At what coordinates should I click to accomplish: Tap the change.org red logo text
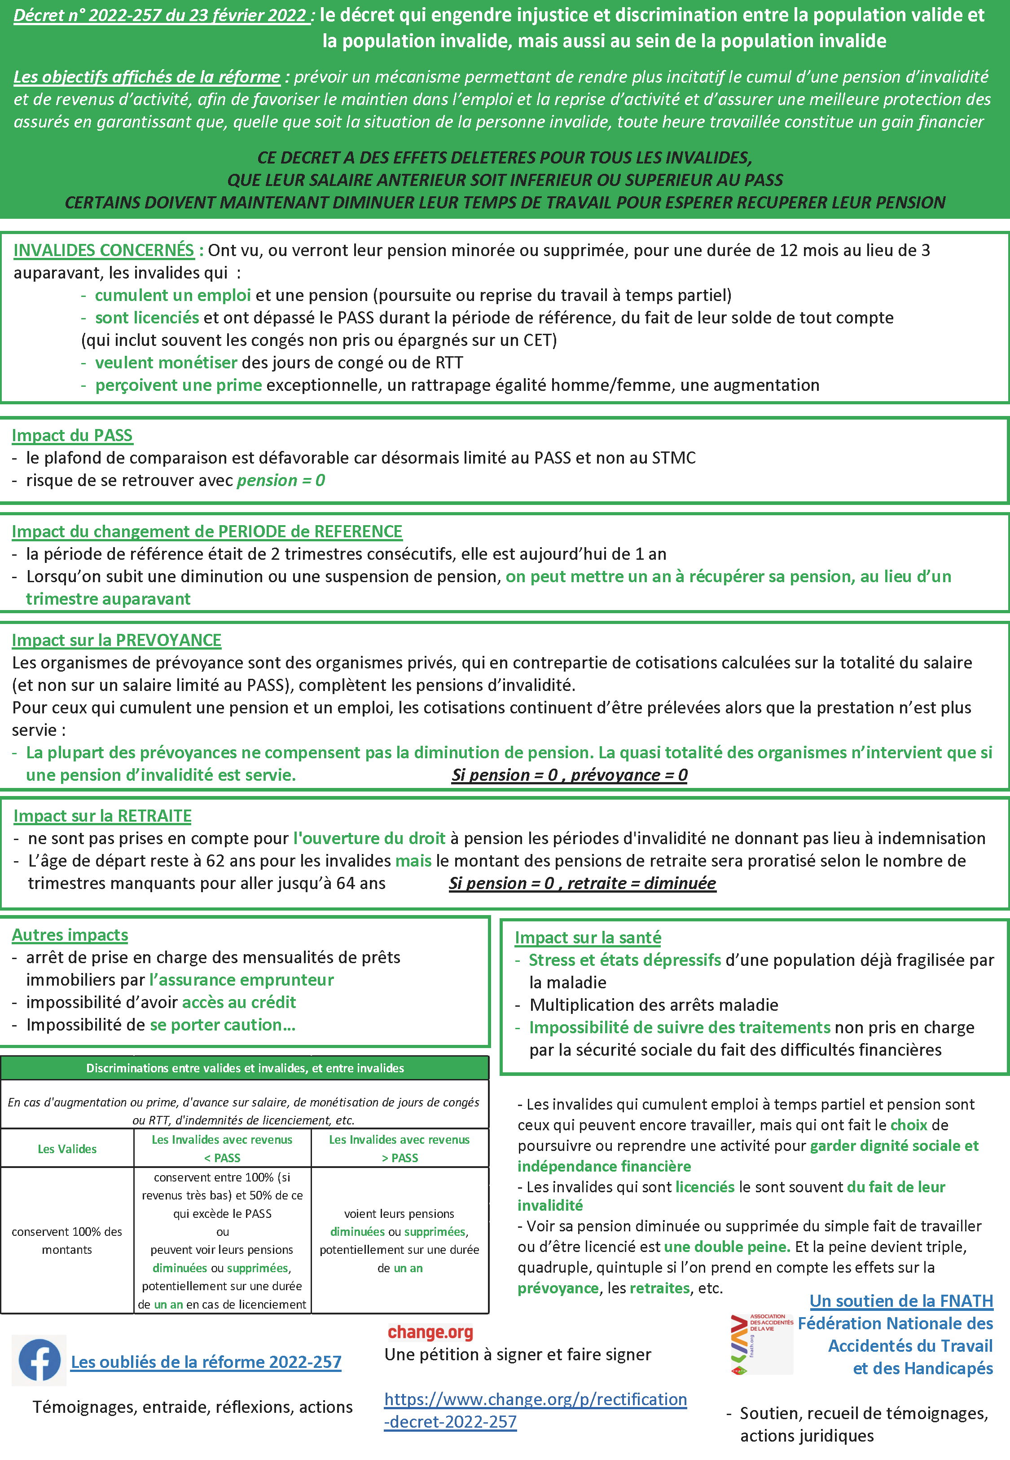[430, 1332]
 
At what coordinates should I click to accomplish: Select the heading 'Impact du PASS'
[72, 436]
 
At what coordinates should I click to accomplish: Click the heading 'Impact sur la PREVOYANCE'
[116, 641]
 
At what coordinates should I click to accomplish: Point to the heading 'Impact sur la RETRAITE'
[102, 816]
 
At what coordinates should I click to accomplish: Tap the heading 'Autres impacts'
[70, 935]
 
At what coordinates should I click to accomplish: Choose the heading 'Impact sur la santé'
[588, 938]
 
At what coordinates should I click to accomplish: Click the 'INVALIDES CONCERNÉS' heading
[104, 251]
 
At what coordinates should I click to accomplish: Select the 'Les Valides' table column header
[67, 1149]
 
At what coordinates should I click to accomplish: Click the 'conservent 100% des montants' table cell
[67, 1240]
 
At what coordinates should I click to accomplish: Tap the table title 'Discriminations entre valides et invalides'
[245, 1068]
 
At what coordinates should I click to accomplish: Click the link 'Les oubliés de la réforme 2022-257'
[206, 1362]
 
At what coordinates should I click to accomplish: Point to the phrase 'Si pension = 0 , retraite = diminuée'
[582, 883]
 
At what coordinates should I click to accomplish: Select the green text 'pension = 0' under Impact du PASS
[281, 481]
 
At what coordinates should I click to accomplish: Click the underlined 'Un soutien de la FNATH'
[901, 1301]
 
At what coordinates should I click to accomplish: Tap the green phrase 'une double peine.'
[727, 1247]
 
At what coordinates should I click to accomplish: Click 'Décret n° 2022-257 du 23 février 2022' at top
[161, 16]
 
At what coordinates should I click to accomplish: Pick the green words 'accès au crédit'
[239, 1002]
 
